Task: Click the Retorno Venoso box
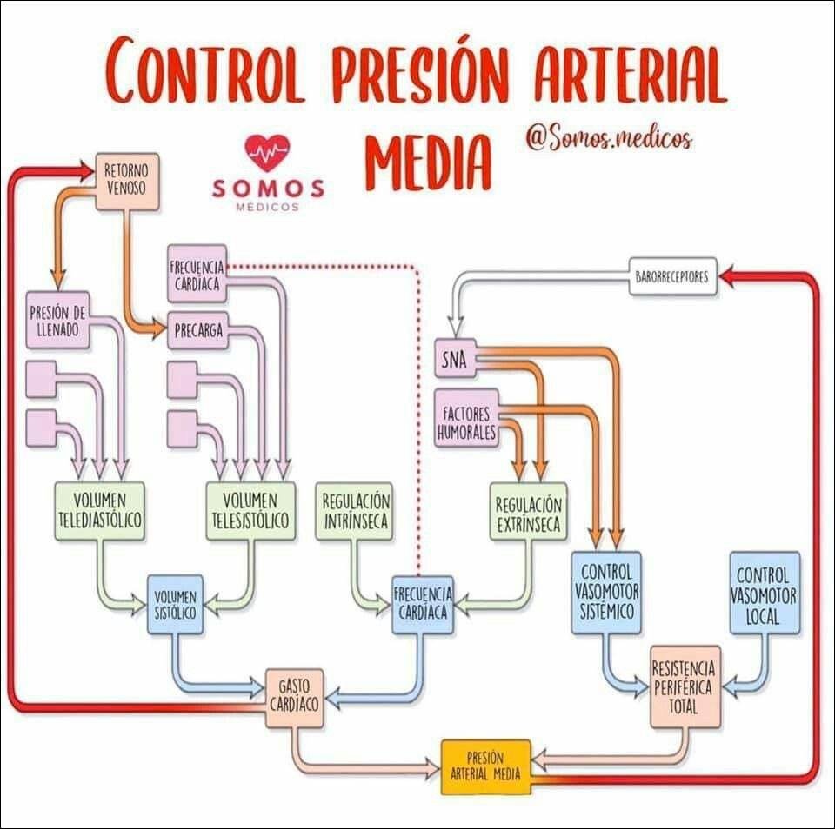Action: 126,181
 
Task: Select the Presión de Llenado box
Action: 57,320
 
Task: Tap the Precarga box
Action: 197,330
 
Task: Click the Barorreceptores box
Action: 671,278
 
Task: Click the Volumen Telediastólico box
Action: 98,511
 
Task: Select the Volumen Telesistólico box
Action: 250,511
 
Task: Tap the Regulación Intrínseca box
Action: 355,511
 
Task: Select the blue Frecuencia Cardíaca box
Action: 423,603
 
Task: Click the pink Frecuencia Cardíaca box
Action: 197,273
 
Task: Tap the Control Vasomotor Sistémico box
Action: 607,593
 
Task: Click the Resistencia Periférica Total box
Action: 685,686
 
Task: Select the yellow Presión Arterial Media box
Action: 485,766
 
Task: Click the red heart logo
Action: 268,153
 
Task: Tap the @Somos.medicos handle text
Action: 608,137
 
